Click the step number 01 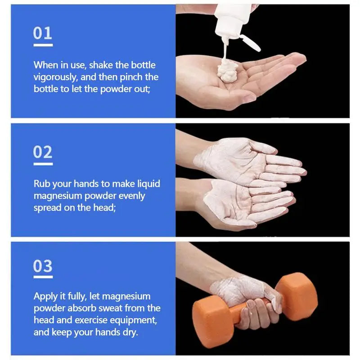click(43, 33)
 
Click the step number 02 click(43, 152)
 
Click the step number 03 click(43, 266)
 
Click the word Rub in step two click(41, 184)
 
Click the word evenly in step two click(130, 196)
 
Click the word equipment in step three click(132, 320)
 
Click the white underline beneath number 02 click(43, 164)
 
